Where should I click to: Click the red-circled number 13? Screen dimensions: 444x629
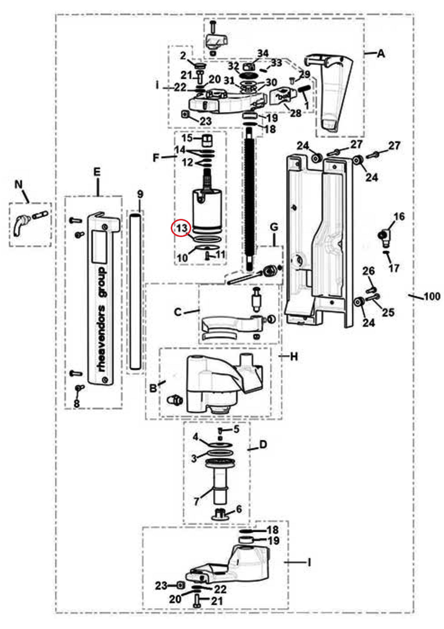tap(182, 228)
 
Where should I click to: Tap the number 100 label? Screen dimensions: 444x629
tap(432, 296)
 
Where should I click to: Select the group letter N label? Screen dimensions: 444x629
tap(19, 184)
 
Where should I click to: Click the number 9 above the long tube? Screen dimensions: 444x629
tap(140, 194)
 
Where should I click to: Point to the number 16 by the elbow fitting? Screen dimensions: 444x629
tap(399, 217)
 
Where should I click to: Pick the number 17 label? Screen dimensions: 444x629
tap(394, 268)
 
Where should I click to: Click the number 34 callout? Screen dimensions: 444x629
tap(263, 53)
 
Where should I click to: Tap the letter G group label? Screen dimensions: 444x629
tap(274, 227)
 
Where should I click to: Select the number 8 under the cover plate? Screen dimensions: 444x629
tap(77, 403)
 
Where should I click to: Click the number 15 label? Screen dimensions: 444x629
tap(187, 138)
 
